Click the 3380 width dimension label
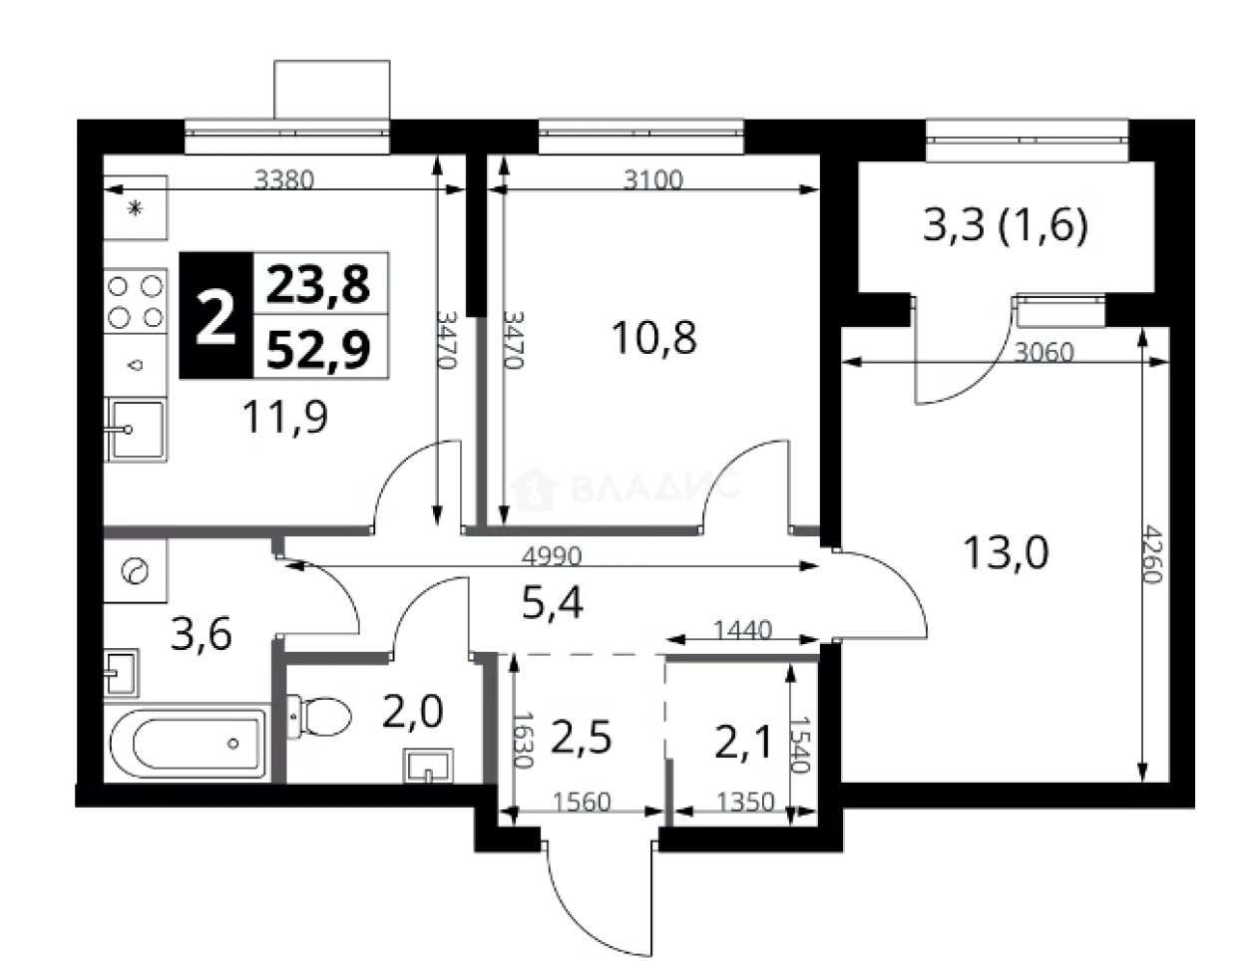284,180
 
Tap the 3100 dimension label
653,180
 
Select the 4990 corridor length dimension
552,556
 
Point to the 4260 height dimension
1154,553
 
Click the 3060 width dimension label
1043,352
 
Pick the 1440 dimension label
742,630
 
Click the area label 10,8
654,338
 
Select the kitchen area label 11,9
285,417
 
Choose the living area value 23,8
318,285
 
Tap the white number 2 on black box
215,316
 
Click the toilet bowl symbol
319,717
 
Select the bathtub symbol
189,745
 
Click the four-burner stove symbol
136,301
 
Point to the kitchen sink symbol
136,429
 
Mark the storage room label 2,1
742,743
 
